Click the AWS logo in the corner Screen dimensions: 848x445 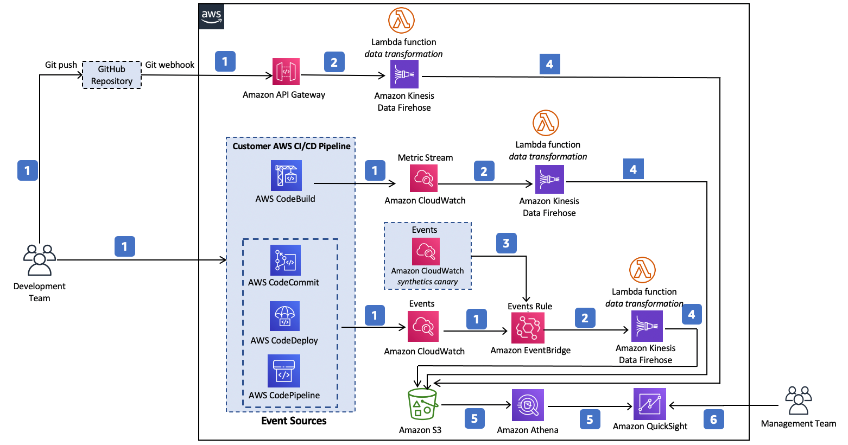tap(211, 17)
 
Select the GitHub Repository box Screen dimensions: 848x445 tap(112, 75)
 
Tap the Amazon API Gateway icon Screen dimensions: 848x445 tap(286, 72)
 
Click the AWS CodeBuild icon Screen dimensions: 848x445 tap(286, 176)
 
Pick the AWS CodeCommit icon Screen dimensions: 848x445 tap(286, 260)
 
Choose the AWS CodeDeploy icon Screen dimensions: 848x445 tap(284, 316)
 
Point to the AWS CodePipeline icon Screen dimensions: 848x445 tap(284, 371)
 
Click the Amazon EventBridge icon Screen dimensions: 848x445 tap(528, 328)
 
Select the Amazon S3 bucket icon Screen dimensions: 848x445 tap(422, 404)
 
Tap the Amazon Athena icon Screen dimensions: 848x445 tap(528, 405)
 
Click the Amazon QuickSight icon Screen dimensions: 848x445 tap(650, 404)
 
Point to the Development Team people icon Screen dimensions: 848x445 tap(40, 260)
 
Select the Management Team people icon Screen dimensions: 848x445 tap(799, 400)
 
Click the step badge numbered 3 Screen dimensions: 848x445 tap(507, 243)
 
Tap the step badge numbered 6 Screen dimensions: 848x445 tap(713, 419)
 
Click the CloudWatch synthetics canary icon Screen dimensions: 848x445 tap(426, 251)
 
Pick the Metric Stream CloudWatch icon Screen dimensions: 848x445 tap(423, 178)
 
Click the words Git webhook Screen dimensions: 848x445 tap(169, 65)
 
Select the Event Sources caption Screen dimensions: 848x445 tap(294, 421)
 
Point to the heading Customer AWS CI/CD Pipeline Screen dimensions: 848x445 tap(292, 146)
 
